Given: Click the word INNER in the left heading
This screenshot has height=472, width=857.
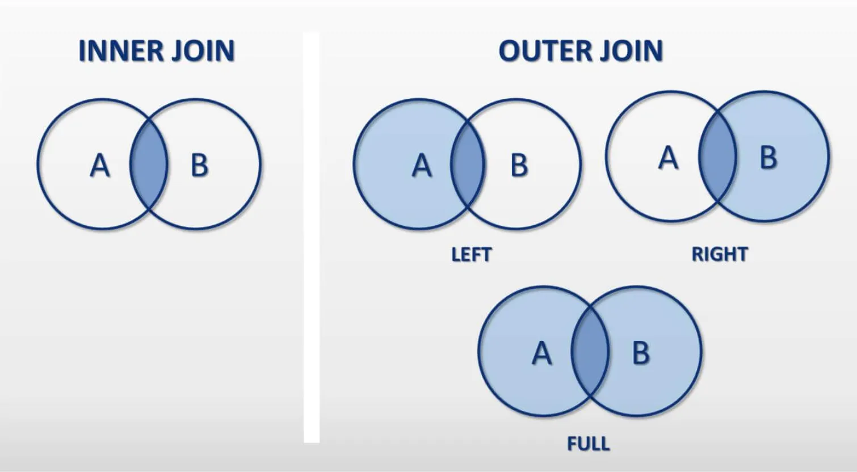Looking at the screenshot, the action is point(116,51).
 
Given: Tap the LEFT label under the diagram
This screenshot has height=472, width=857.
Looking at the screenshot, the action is point(471,254).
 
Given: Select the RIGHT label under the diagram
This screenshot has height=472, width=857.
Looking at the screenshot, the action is point(719,254).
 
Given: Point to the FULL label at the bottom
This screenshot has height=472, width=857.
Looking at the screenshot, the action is point(588,443).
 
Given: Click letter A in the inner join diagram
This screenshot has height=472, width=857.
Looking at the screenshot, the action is point(100,166).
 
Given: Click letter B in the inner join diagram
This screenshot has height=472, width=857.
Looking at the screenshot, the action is point(199,166).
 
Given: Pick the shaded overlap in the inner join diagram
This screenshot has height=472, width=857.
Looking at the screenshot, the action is point(149,165).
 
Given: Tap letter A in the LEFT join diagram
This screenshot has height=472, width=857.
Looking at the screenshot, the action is point(421,166).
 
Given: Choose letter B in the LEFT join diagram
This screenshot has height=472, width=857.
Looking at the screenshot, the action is point(519,166).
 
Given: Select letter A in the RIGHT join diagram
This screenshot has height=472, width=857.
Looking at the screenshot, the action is point(668,158).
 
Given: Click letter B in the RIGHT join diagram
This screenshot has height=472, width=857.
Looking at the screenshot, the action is point(768,158).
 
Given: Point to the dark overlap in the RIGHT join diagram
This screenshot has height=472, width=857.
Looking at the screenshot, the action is point(717,157).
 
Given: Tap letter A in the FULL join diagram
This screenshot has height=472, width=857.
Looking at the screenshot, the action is point(541,353).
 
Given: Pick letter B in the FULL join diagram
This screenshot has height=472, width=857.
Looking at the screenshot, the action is point(640,353).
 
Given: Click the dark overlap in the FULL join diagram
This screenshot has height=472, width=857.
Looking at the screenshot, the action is point(590,352).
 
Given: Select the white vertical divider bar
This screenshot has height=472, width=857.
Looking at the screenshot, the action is point(312,238).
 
